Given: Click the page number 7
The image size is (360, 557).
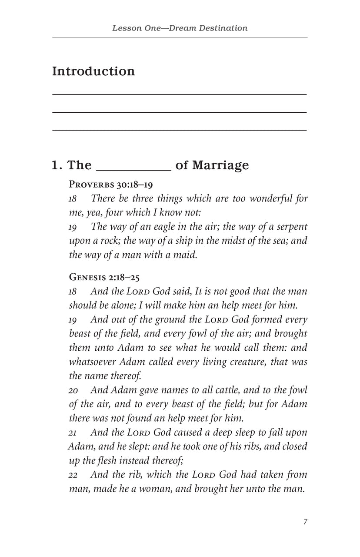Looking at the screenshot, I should [x=305, y=522].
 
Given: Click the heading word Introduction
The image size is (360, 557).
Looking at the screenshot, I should [x=93, y=71].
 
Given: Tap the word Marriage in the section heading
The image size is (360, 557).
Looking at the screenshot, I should [x=220, y=165].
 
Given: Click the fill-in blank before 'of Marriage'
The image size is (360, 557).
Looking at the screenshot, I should [x=133, y=168].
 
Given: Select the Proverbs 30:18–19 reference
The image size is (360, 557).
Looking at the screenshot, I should [x=111, y=185].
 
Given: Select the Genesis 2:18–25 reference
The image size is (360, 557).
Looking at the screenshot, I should [x=104, y=276].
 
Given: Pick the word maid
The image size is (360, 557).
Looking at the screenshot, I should [x=187, y=255].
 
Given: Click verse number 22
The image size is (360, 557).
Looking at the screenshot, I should [x=73, y=475].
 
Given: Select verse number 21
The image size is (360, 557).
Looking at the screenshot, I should [x=73, y=433].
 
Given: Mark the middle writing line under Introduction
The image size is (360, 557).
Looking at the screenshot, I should [x=179, y=112].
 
